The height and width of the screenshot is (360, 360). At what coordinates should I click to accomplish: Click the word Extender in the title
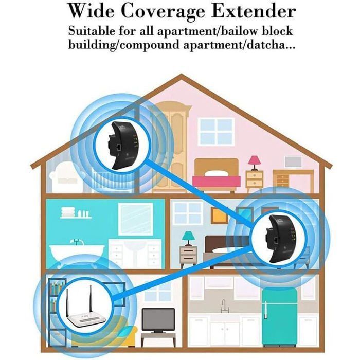click(x=253, y=11)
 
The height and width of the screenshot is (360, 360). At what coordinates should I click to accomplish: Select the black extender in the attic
click(x=122, y=146)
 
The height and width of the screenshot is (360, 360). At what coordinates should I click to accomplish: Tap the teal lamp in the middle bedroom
click(x=188, y=238)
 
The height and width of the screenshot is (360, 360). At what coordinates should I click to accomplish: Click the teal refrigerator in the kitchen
click(x=279, y=317)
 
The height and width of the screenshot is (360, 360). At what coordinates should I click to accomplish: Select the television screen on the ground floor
click(x=158, y=320)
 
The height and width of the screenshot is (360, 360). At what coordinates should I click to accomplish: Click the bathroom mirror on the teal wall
click(x=136, y=219)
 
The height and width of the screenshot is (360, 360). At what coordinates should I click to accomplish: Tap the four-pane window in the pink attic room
click(x=217, y=132)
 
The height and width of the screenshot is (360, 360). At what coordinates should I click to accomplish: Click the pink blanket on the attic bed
click(x=217, y=181)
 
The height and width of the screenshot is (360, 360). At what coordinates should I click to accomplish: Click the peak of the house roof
click(x=182, y=75)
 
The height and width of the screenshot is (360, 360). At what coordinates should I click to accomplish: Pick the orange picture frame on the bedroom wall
click(x=219, y=215)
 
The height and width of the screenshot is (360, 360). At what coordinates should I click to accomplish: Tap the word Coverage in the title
click(x=163, y=12)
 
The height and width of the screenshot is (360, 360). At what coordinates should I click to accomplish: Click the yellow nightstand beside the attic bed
click(x=254, y=181)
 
